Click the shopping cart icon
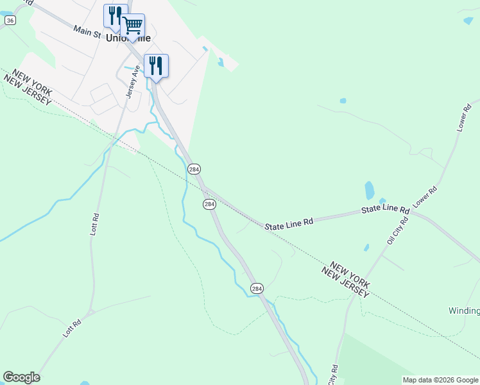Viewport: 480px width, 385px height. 133,26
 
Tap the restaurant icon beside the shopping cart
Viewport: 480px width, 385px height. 116,15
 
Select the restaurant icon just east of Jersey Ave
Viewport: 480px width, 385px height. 156,65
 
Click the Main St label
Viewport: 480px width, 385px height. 88,31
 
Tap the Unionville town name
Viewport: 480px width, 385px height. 133,38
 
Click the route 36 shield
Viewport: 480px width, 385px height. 10,21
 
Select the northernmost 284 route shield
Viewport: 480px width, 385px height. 194,169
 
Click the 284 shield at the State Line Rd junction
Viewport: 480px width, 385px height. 209,204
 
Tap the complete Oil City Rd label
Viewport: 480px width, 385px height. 397,230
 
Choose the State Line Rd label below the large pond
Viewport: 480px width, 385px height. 385,210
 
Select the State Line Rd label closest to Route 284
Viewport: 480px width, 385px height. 290,222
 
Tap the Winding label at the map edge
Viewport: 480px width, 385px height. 463,311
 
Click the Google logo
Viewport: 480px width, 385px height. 21,377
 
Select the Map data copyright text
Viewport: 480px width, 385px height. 440,380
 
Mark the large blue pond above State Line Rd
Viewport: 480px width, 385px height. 369,190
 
